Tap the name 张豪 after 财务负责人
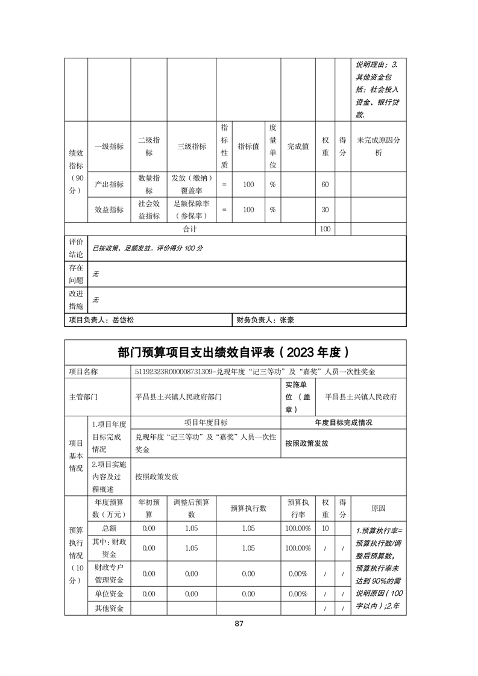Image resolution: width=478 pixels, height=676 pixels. [x=287, y=321]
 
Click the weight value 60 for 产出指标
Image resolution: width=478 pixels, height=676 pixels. [x=325, y=184]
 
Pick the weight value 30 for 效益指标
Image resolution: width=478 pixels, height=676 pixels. [x=325, y=210]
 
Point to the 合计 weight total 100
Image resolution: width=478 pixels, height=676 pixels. [x=325, y=230]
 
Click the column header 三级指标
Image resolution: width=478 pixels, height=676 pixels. [x=191, y=146]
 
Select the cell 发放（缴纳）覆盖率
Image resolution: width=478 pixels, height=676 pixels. [x=191, y=184]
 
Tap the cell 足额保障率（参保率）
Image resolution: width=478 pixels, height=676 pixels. [x=191, y=210]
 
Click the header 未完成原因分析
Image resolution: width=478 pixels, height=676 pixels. [x=379, y=146]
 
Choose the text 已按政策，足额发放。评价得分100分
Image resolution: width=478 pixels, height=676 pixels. [x=148, y=248]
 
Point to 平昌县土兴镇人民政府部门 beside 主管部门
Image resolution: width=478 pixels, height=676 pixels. [x=179, y=397]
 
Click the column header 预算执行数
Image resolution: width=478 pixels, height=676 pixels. [x=248, y=509]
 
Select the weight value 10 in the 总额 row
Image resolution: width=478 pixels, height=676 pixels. [x=325, y=528]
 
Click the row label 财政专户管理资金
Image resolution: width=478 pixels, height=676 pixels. [x=109, y=574]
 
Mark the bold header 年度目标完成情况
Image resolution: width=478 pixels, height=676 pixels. [x=344, y=422]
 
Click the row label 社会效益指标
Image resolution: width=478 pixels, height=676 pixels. [x=149, y=210]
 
